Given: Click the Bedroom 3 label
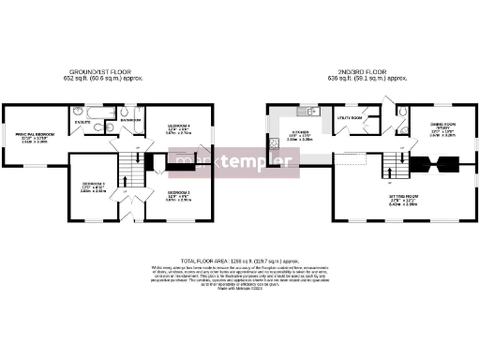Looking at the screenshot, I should [92, 184].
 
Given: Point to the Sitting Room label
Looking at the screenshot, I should [403, 197].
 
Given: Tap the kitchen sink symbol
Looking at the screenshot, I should [316, 114].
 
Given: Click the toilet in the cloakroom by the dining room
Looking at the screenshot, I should [402, 113].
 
